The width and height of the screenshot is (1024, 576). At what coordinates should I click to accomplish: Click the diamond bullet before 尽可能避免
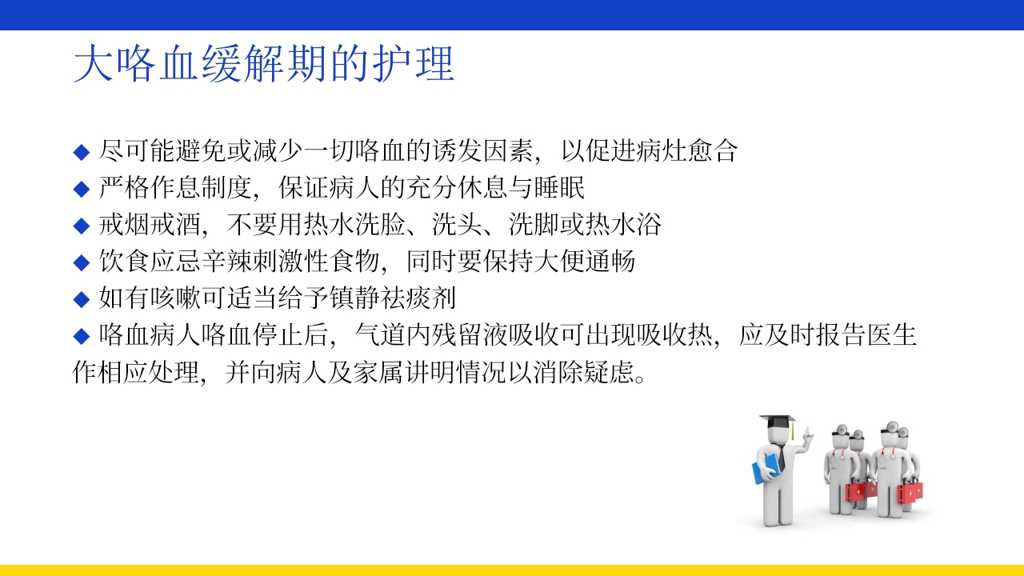(x=81, y=151)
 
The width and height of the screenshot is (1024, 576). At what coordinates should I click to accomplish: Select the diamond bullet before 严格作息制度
(x=81, y=189)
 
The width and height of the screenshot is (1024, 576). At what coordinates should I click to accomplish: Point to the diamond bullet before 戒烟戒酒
(x=81, y=226)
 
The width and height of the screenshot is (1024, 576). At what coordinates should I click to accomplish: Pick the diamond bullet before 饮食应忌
(x=81, y=262)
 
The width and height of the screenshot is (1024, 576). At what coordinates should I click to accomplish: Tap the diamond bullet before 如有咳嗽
(x=81, y=299)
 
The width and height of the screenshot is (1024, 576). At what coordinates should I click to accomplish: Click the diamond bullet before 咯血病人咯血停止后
(x=81, y=336)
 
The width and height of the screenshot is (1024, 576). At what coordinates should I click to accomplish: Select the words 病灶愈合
(x=686, y=150)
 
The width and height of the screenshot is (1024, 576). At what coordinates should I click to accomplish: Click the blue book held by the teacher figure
(x=766, y=467)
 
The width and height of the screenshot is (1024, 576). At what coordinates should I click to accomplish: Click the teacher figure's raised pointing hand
(x=809, y=436)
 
